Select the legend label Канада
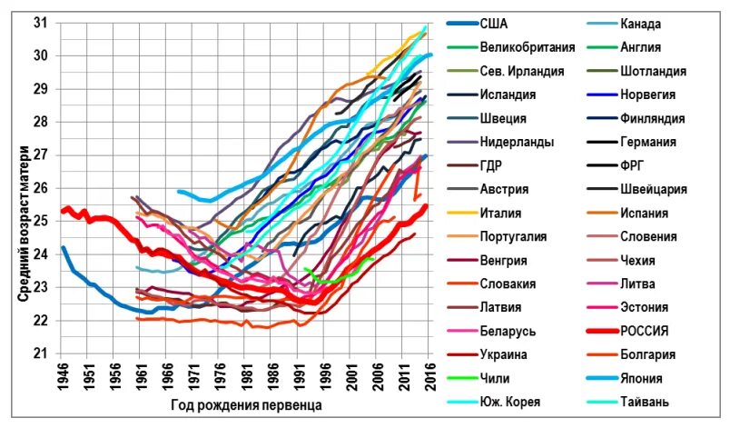pyautogui.click(x=640, y=24)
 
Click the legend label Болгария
pyautogui.click(x=647, y=354)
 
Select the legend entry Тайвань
pyautogui.click(x=645, y=402)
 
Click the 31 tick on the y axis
pyautogui.click(x=39, y=23)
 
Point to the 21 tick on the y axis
pyautogui.click(x=39, y=353)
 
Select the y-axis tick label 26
pyautogui.click(x=39, y=188)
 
